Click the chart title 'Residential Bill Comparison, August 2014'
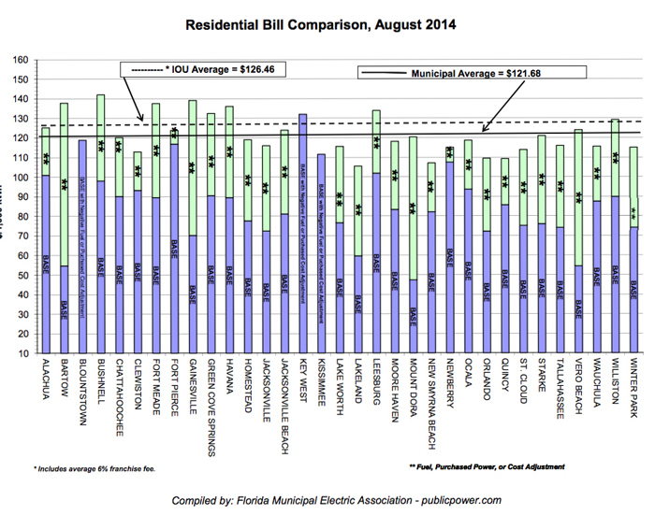(x=327, y=25)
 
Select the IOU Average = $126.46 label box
(x=203, y=69)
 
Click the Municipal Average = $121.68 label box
(x=472, y=73)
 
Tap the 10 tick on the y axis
(x=21, y=354)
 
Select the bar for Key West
(x=303, y=234)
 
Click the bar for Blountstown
(x=82, y=247)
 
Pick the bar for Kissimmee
(x=322, y=253)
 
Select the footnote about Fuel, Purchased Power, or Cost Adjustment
(x=487, y=466)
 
